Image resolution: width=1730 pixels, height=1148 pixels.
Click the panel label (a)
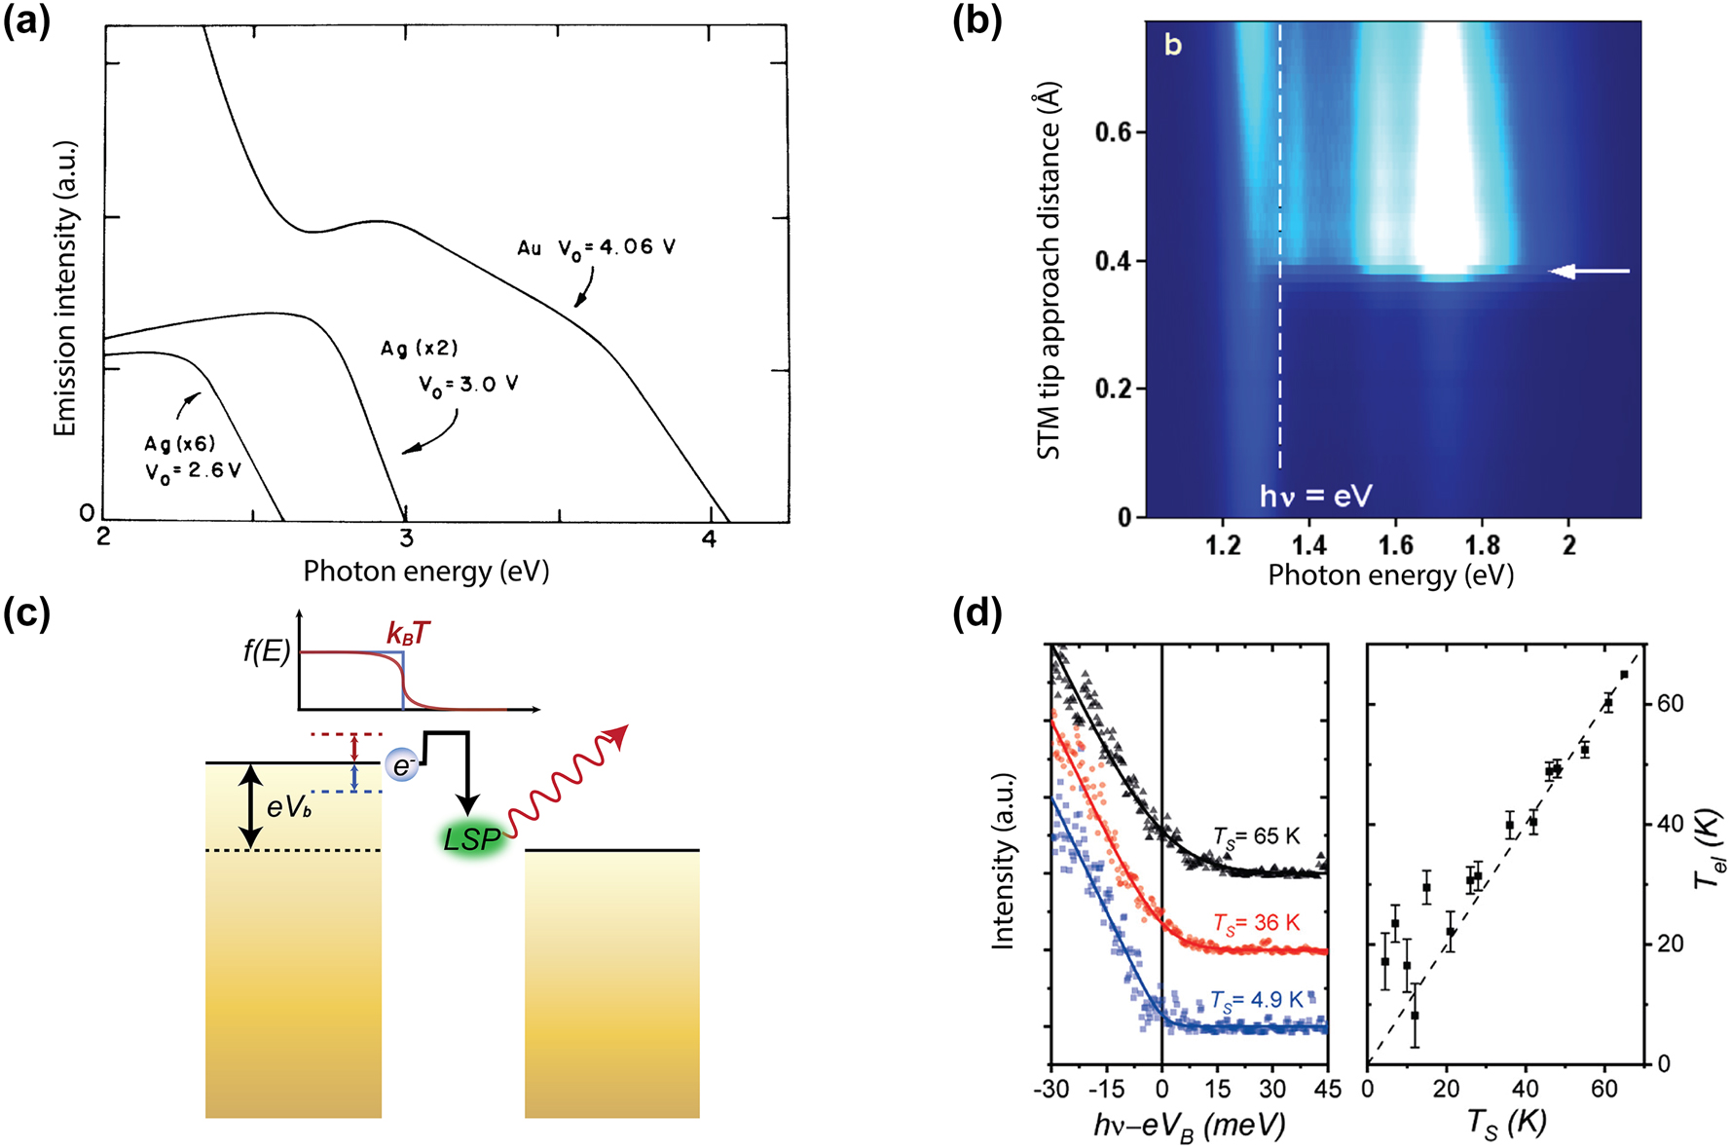pos(26,21)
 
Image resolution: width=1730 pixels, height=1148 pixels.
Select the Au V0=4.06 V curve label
pos(596,247)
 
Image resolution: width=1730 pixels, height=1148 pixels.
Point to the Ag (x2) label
pos(419,349)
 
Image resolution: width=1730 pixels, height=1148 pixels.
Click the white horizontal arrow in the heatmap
pos(1589,272)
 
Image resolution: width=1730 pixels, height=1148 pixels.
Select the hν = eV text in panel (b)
pos(1315,497)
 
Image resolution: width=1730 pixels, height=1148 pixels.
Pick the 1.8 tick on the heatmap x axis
pos(1482,545)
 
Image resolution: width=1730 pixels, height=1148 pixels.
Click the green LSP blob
pos(473,838)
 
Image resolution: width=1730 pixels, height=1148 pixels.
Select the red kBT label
pos(408,634)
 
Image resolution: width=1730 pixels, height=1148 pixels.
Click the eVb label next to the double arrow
pos(289,806)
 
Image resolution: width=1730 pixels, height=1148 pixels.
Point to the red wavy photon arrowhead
pos(617,737)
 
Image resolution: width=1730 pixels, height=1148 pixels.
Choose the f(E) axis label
pos(267,650)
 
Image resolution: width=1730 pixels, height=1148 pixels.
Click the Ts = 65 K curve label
pos(1256,836)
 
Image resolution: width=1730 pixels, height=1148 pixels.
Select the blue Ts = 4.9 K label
pos(1256,1000)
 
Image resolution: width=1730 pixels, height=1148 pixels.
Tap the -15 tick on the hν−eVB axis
pos(1106,1089)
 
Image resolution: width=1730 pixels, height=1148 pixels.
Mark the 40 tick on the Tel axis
pos(1671,824)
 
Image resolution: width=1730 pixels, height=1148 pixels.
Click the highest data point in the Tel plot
pos(1624,675)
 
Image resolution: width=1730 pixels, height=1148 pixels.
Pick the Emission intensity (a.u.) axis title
pos(65,289)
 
